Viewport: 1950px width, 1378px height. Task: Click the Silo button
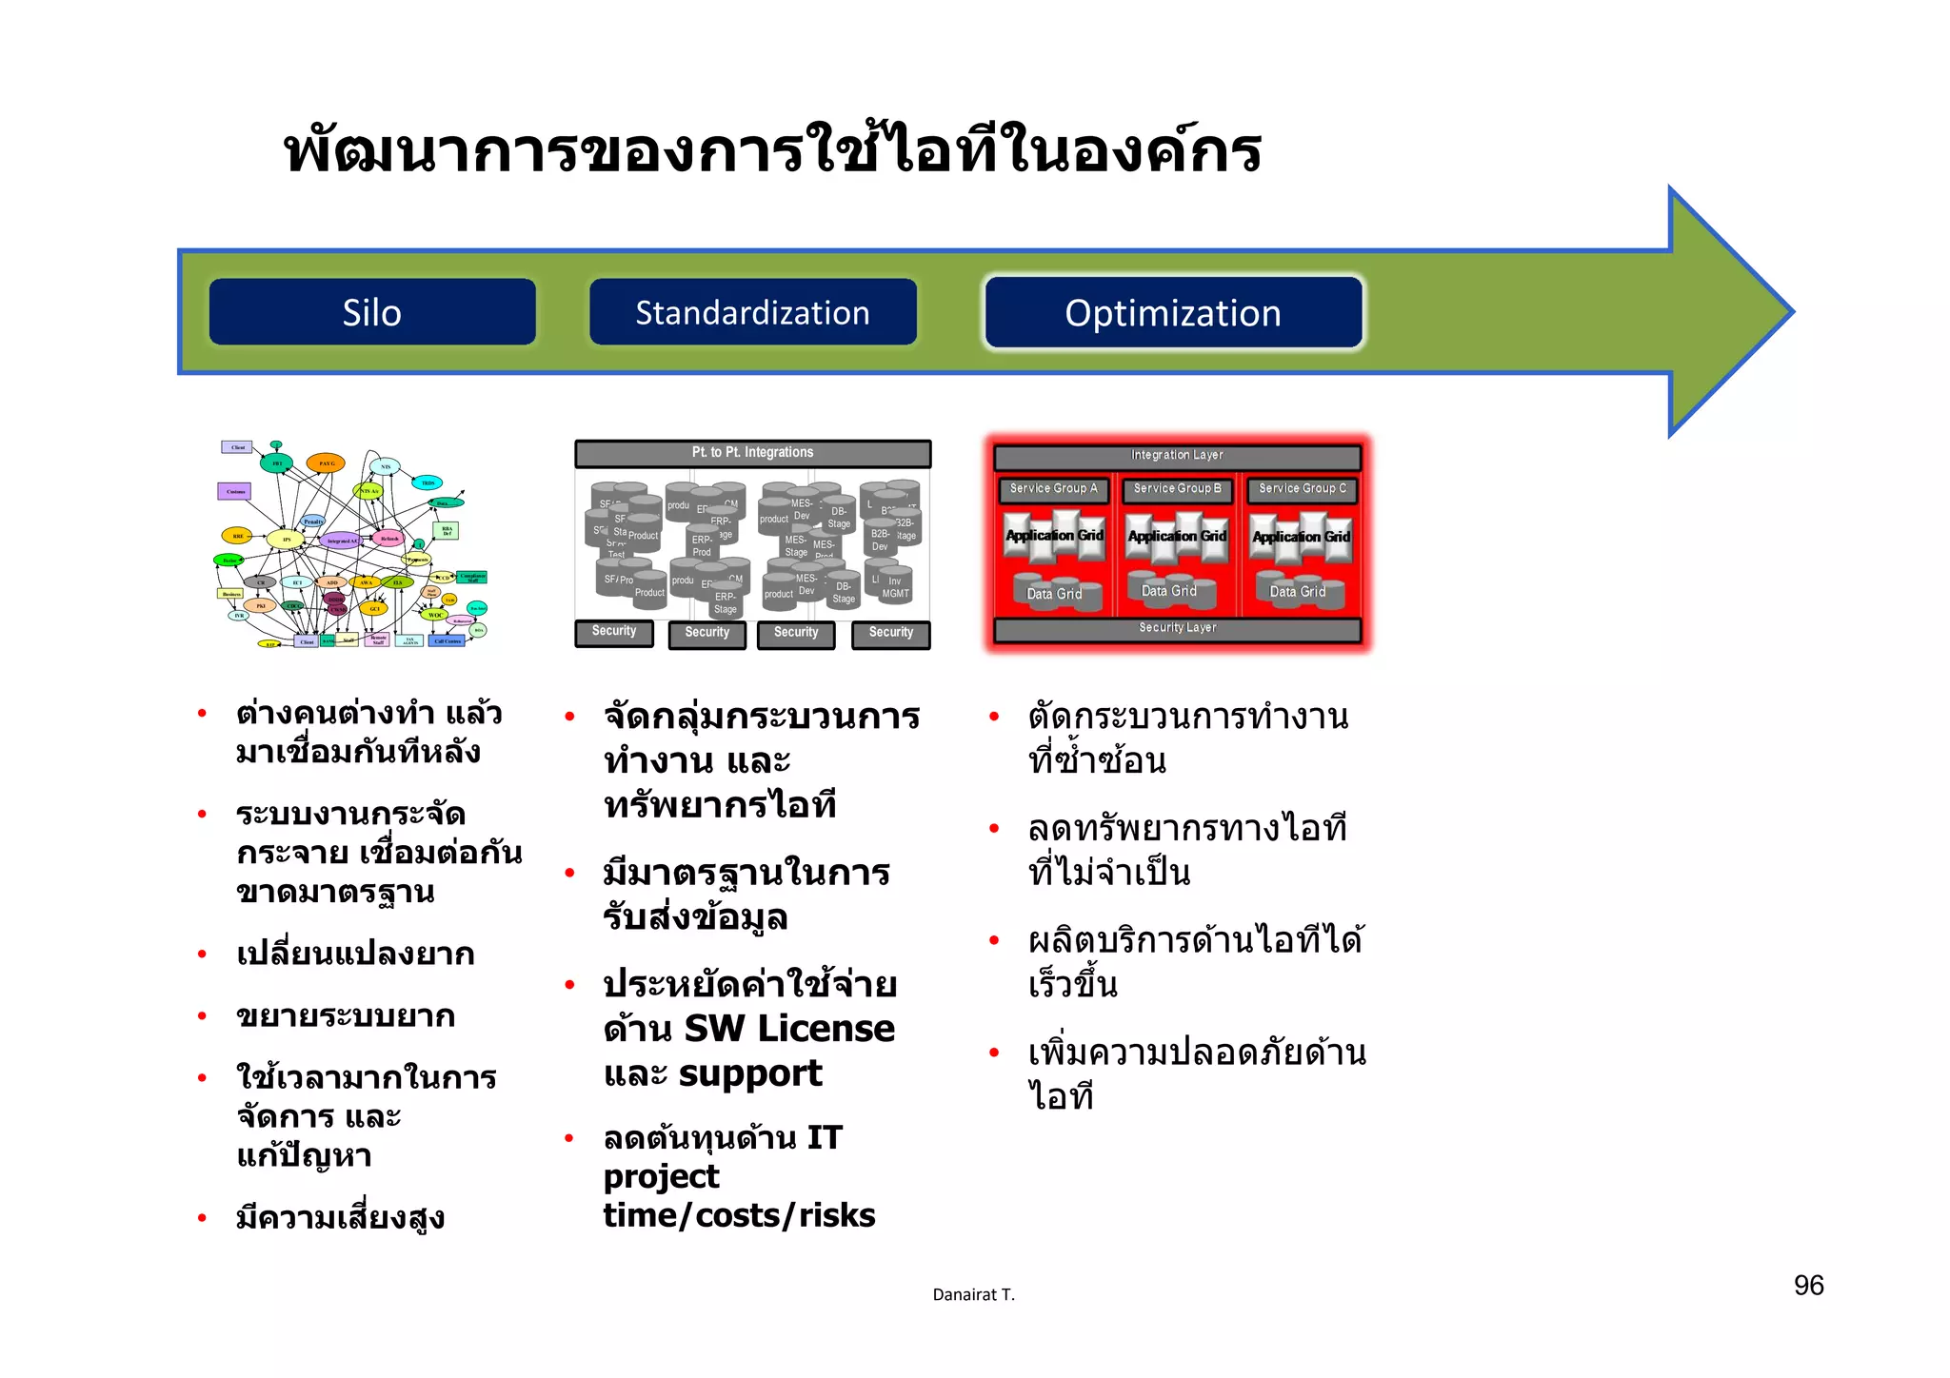point(371,312)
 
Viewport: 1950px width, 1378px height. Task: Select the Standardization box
point(752,312)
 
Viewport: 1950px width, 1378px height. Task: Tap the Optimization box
point(1173,312)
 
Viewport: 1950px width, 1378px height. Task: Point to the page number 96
point(1808,1286)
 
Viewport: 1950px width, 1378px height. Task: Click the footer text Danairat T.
point(973,1294)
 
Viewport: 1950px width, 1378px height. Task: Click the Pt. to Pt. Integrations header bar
point(752,453)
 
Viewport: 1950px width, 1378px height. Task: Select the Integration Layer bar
point(1177,456)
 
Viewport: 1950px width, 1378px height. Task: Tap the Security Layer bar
point(1177,628)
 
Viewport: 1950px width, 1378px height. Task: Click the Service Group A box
point(1053,489)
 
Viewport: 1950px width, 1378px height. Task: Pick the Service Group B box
point(1177,489)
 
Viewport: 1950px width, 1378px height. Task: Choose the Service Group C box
point(1302,489)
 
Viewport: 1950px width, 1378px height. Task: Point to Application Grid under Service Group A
point(1054,536)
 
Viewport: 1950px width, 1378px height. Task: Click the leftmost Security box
point(614,632)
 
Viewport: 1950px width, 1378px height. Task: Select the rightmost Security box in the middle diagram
point(890,633)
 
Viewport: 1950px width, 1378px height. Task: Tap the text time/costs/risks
point(739,1215)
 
